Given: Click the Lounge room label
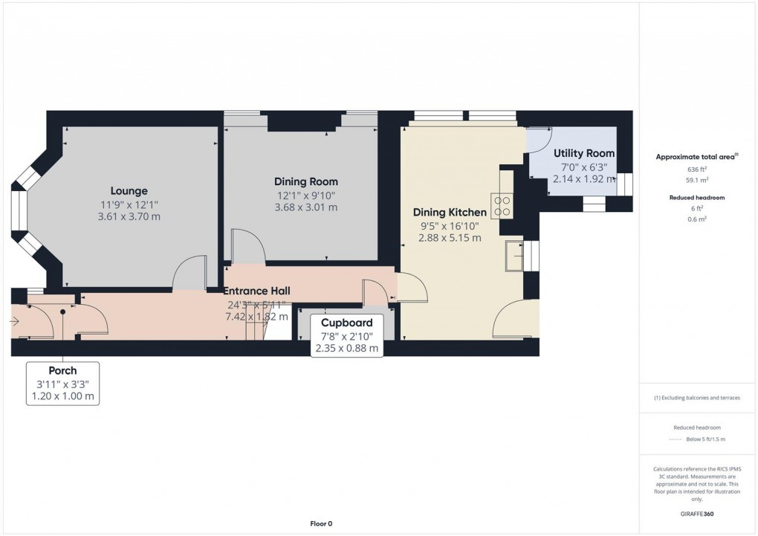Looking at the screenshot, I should tap(129, 191).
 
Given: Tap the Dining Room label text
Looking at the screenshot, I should tap(305, 181).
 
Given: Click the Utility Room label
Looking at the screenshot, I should tap(584, 153).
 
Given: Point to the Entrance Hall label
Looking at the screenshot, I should tap(257, 291).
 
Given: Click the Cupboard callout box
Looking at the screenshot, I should tap(346, 335).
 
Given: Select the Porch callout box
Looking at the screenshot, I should tap(63, 383).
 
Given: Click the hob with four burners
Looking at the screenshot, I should tap(501, 205).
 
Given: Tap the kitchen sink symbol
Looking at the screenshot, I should tap(513, 256).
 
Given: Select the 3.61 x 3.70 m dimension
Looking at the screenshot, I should tap(129, 217).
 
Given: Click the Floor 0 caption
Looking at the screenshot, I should tap(321, 523).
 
